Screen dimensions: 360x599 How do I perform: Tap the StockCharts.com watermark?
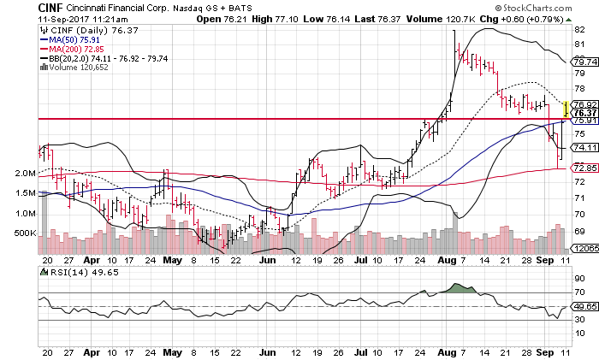tap(546, 7)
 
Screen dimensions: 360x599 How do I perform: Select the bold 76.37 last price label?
tap(584, 113)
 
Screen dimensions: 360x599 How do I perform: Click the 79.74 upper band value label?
tap(584, 62)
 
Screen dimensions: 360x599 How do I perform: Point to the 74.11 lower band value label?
tap(584, 147)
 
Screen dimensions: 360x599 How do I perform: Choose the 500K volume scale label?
tap(26, 232)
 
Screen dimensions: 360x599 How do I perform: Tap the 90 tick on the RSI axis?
tap(578, 279)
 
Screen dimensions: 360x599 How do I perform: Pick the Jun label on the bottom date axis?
tap(268, 351)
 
